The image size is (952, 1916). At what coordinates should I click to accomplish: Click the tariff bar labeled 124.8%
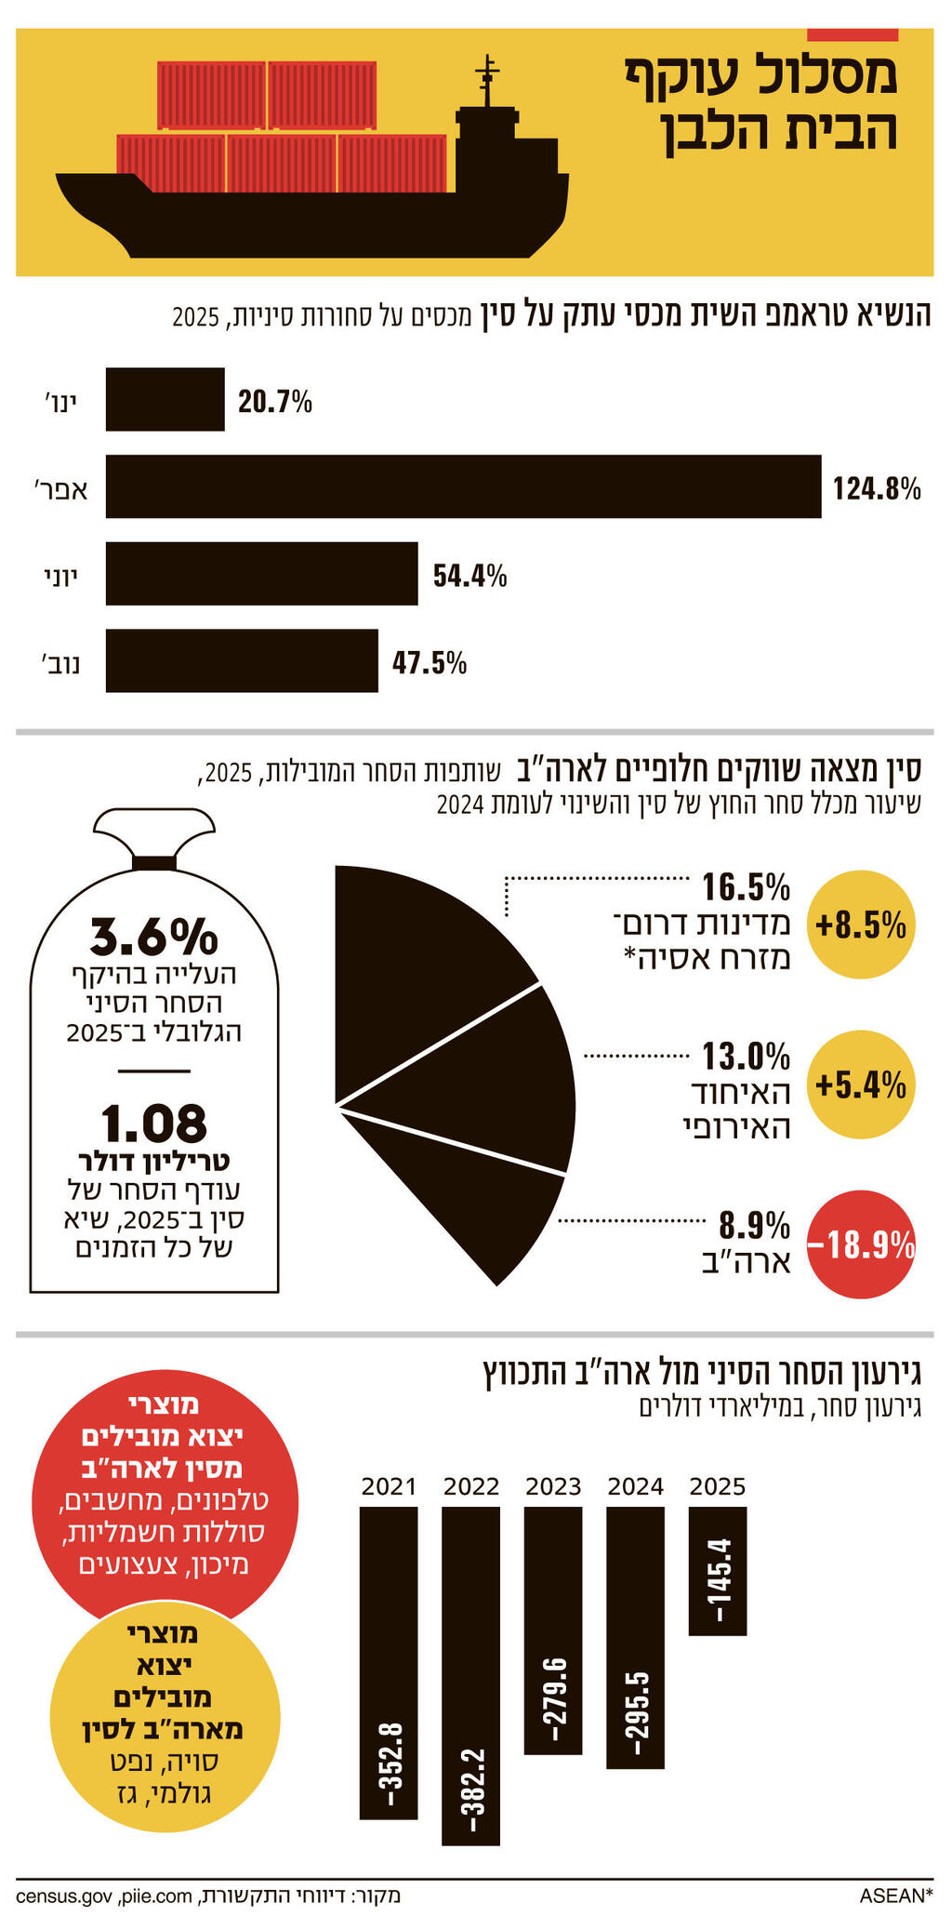463,486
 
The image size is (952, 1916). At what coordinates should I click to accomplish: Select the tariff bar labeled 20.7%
165,400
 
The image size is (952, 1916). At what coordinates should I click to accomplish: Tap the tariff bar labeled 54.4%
261,574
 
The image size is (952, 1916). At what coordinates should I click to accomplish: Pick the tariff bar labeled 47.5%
242,661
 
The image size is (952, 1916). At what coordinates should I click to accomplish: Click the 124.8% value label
876,487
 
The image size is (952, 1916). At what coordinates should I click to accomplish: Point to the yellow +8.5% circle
861,925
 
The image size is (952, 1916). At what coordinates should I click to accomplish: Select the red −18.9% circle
861,1244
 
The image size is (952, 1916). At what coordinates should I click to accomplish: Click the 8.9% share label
755,1224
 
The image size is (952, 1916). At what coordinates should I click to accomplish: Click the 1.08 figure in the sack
154,1123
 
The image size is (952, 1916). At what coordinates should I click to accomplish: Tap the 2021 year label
389,1486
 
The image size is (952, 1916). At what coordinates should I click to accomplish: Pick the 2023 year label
553,1486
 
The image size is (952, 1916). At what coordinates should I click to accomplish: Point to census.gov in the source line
64,1896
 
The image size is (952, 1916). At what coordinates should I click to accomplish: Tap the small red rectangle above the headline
853,34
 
